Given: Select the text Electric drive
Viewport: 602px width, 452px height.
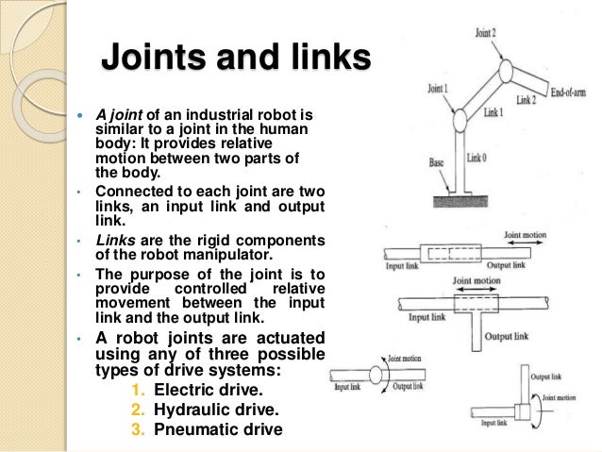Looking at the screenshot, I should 205,389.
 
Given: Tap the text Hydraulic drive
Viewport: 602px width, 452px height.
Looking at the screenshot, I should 209,409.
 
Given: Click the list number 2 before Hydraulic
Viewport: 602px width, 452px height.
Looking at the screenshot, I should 138,409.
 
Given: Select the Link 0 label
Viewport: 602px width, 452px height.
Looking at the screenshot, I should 479,159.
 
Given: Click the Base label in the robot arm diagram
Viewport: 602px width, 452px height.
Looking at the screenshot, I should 436,162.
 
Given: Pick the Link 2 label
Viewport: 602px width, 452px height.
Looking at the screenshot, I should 527,99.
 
